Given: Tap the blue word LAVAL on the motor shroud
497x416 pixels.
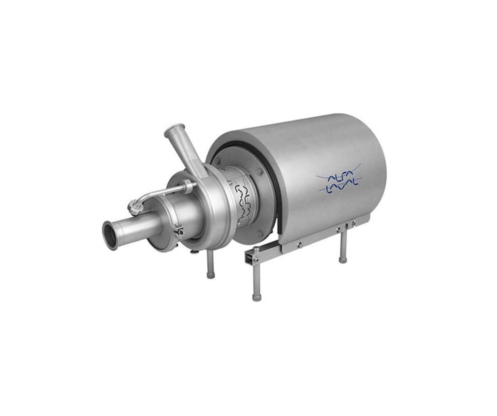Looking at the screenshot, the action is click(x=342, y=188).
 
